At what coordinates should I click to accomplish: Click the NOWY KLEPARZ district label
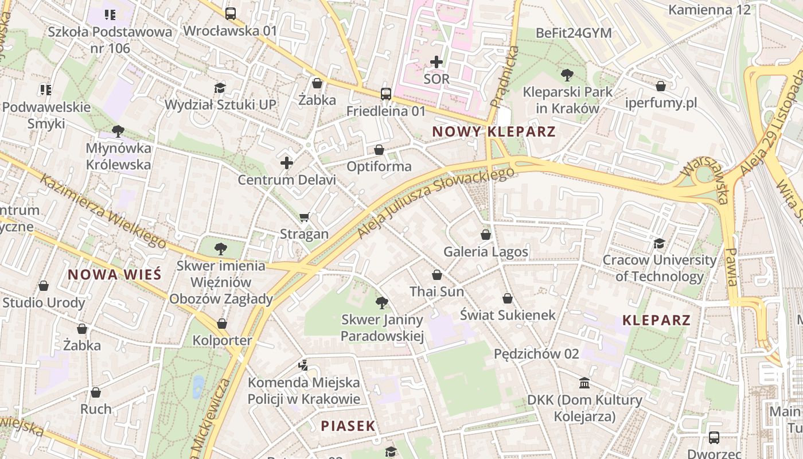[493, 131]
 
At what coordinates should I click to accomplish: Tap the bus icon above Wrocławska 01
[230, 14]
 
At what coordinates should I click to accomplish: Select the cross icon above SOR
[436, 61]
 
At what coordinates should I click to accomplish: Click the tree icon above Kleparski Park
[567, 74]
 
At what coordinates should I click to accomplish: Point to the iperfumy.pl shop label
[661, 103]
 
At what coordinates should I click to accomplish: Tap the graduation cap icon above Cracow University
[659, 243]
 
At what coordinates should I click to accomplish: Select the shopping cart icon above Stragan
[305, 217]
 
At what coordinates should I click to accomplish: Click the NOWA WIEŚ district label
[114, 275]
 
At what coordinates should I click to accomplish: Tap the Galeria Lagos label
[486, 252]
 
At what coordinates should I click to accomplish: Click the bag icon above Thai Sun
[437, 275]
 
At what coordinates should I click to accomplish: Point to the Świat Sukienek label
[508, 315]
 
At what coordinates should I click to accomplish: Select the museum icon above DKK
[584, 383]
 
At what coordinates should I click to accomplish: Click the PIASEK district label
[348, 426]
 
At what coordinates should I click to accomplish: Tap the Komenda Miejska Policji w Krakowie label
[304, 391]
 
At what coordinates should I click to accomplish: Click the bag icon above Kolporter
[222, 324]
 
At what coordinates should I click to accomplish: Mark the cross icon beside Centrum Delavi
[287, 163]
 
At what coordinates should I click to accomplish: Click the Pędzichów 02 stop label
[536, 353]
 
